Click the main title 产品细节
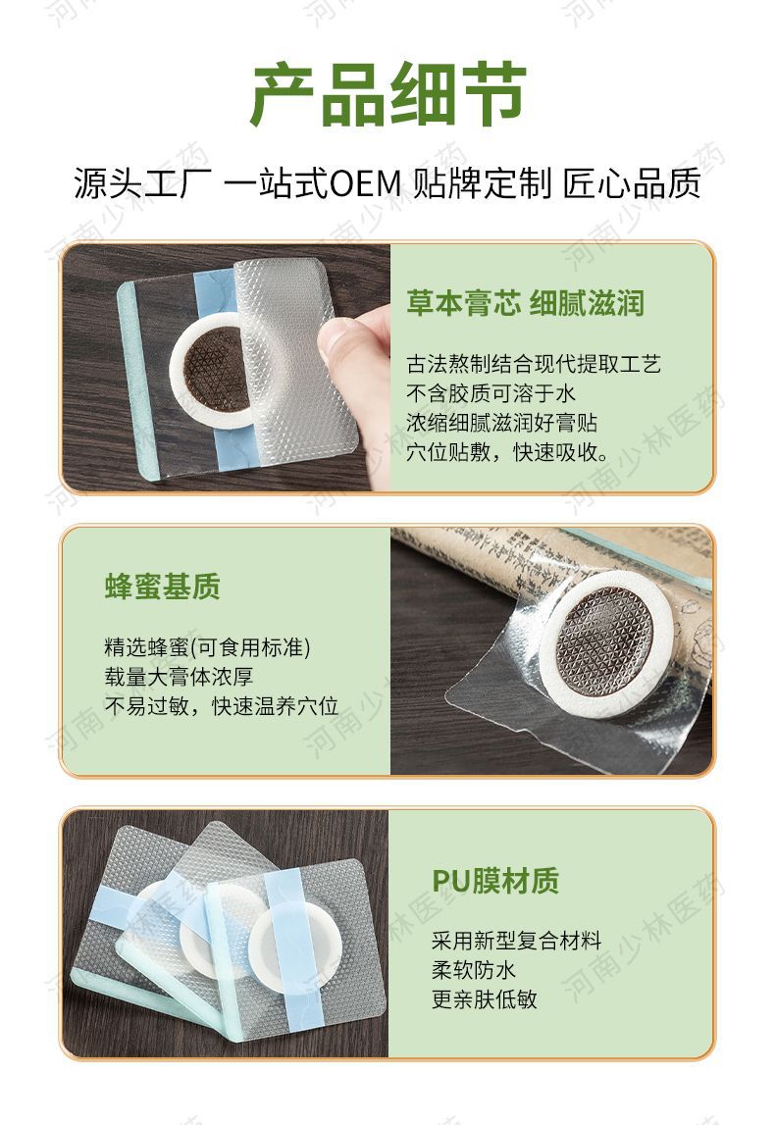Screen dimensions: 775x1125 tap(388, 94)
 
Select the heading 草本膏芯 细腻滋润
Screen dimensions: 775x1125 tap(525, 303)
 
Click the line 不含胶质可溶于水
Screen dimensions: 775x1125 tap(491, 393)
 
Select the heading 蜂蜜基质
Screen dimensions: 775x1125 tap(162, 587)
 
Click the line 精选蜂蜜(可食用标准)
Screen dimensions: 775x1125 tap(207, 647)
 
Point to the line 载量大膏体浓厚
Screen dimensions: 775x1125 tap(179, 677)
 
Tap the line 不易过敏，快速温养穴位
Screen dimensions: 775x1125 tap(221, 706)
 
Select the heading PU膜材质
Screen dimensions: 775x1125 tap(495, 881)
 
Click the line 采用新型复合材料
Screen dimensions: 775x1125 tap(516, 940)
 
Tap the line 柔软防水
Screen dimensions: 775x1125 tap(474, 970)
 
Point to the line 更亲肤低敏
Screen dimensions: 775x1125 tap(485, 999)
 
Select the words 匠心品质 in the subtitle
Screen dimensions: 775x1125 tap(632, 183)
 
